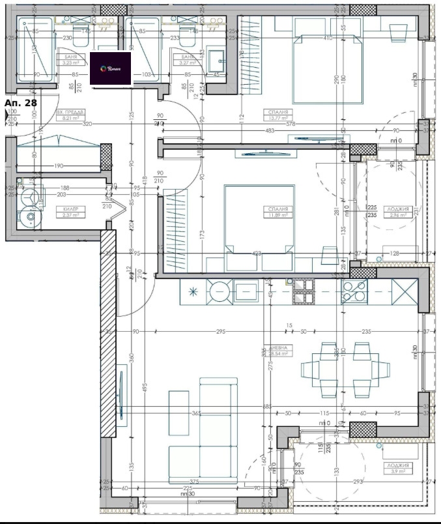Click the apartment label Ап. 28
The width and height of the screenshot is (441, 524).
click(21, 102)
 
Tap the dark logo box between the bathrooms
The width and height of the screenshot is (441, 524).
click(111, 69)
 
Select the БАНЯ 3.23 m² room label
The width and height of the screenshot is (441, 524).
click(67, 61)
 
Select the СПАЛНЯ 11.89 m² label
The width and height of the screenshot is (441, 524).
click(275, 212)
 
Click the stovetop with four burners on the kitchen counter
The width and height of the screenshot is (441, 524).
click(354, 291)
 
